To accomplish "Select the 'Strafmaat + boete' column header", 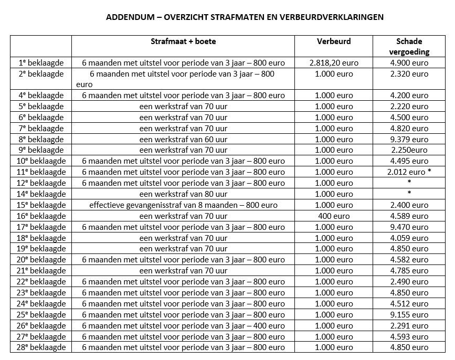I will (183, 41).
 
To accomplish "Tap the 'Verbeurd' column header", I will (334, 41).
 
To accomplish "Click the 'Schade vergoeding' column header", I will (409, 46).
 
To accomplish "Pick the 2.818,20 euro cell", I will (334, 63).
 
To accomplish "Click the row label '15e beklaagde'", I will (41, 205).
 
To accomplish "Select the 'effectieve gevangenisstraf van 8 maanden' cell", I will (183, 205).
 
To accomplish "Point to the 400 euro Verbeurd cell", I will (334, 216).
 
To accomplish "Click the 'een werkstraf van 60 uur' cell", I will (183, 140).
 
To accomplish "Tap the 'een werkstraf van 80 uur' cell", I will (183, 194).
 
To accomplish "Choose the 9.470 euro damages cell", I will (409, 227).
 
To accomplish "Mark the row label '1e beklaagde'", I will (41, 63).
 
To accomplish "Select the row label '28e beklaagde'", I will (41, 347).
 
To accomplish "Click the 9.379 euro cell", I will (409, 140).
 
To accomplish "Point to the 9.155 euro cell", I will (409, 315).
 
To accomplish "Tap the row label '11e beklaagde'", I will (41, 172).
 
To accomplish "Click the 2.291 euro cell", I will (409, 326).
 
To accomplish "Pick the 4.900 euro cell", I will (409, 63).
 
